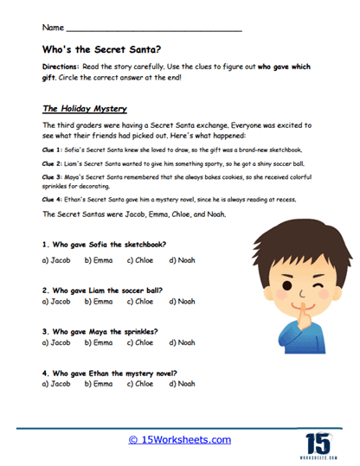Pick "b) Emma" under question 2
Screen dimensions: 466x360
click(98, 303)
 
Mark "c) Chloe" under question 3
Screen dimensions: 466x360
click(140, 342)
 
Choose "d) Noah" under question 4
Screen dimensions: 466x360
click(181, 383)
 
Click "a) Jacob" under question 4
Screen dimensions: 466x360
click(56, 383)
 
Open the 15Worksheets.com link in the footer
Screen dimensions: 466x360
click(179, 439)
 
